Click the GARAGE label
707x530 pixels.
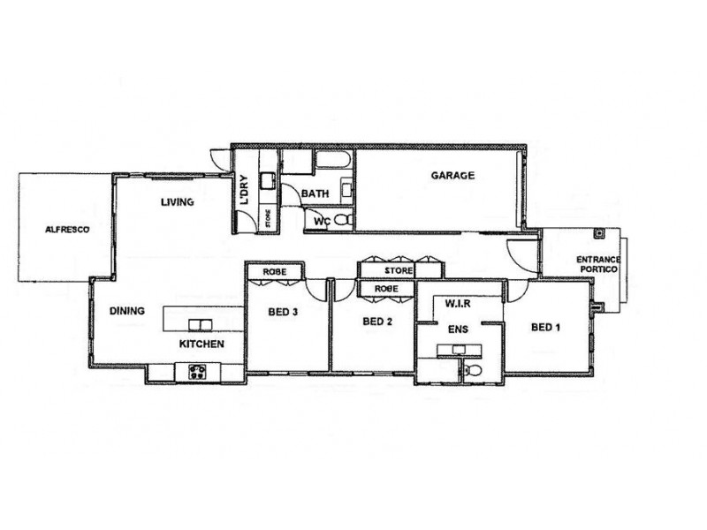[x=452, y=176]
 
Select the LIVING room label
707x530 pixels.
[x=177, y=202]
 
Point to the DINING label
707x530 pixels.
[x=126, y=311]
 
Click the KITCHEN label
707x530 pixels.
[x=201, y=344]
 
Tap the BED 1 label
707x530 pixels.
[x=545, y=327]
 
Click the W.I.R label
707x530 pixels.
[x=457, y=305]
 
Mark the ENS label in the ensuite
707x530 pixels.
[x=457, y=329]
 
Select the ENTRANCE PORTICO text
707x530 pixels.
[x=599, y=263]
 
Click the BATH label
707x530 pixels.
[x=315, y=193]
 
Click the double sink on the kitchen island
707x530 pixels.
[x=200, y=323]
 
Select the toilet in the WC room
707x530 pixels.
[x=345, y=220]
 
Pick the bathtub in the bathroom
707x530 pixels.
[x=333, y=161]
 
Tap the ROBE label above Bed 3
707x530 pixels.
[x=276, y=272]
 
